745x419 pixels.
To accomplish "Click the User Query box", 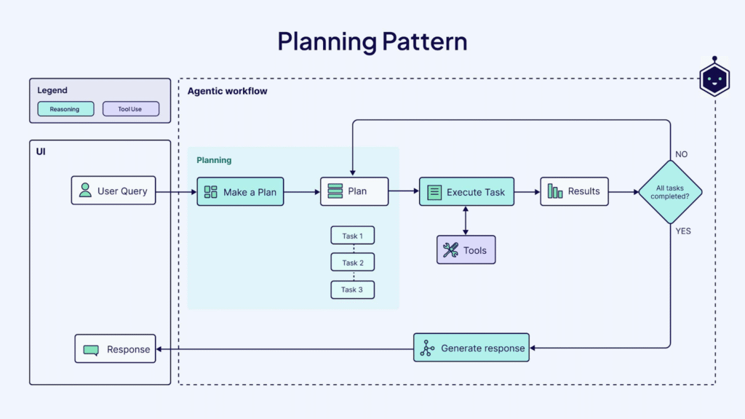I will click(113, 191).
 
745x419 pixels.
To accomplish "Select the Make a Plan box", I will click(240, 192).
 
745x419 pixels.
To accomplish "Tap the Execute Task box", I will click(466, 192).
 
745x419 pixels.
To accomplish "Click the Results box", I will click(574, 191).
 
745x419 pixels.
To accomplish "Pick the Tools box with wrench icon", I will click(466, 250).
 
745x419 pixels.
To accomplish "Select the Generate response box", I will click(471, 348).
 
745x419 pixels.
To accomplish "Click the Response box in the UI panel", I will click(115, 349).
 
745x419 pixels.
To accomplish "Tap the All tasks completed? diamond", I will click(670, 192).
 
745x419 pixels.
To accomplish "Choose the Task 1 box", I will click(353, 236).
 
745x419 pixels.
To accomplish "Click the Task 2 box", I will click(353, 263).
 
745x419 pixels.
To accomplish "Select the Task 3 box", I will click(353, 290).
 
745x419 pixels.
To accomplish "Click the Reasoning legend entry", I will click(65, 109).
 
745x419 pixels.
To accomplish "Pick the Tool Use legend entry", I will click(130, 109).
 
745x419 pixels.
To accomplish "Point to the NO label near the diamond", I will click(681, 154).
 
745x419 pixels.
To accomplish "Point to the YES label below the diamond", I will click(682, 231).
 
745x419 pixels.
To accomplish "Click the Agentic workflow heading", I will click(227, 91).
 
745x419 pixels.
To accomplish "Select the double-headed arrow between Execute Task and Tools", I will click(466, 221).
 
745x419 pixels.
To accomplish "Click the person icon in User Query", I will click(86, 191).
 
